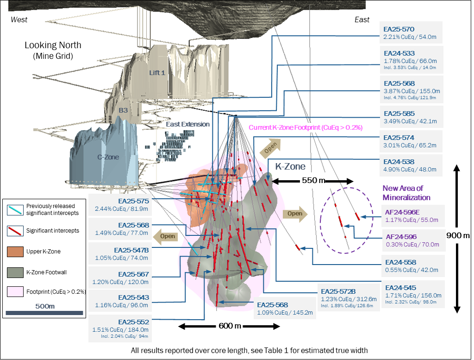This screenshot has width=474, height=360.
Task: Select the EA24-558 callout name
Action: click(x=400, y=262)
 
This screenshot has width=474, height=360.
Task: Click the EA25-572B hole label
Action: click(x=338, y=291)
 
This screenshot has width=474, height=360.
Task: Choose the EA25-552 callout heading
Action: click(x=133, y=322)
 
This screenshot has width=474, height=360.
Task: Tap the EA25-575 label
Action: click(x=133, y=201)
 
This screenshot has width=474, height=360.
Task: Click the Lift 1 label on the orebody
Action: click(x=157, y=73)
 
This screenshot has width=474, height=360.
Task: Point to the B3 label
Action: click(x=123, y=110)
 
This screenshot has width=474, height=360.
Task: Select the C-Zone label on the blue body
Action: click(x=108, y=157)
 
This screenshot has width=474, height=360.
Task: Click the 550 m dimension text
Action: click(x=313, y=180)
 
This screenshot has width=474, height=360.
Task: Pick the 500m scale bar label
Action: click(x=45, y=306)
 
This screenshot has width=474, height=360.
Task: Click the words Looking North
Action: click(x=53, y=45)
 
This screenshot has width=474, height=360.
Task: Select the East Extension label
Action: click(x=187, y=124)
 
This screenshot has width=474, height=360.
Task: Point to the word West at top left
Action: click(x=19, y=19)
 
